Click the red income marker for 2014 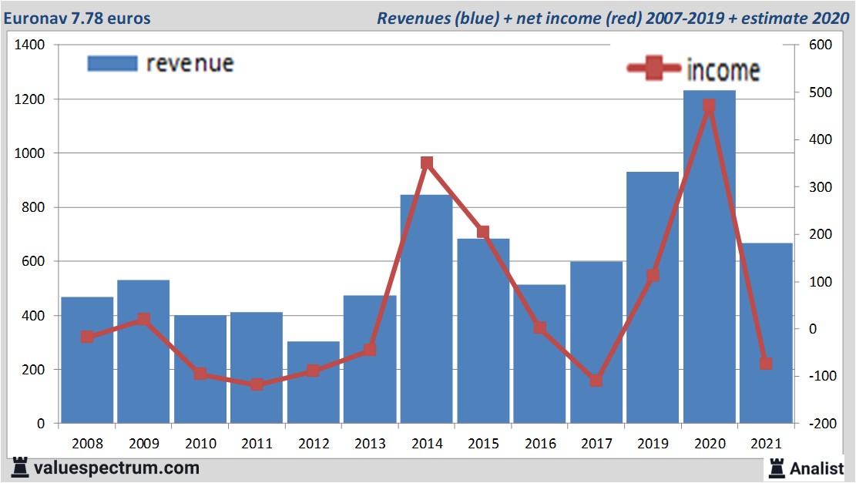(x=427, y=163)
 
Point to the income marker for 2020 (x=709, y=106)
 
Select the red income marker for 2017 (x=596, y=381)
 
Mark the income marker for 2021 (x=765, y=364)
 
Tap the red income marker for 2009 (x=143, y=319)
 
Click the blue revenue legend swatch (x=112, y=63)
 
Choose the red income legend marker (x=654, y=69)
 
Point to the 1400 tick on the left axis (x=31, y=45)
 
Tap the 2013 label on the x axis (x=370, y=444)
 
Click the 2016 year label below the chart (x=539, y=444)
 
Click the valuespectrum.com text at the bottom (x=116, y=468)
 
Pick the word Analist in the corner (x=817, y=468)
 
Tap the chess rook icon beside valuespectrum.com (x=20, y=468)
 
